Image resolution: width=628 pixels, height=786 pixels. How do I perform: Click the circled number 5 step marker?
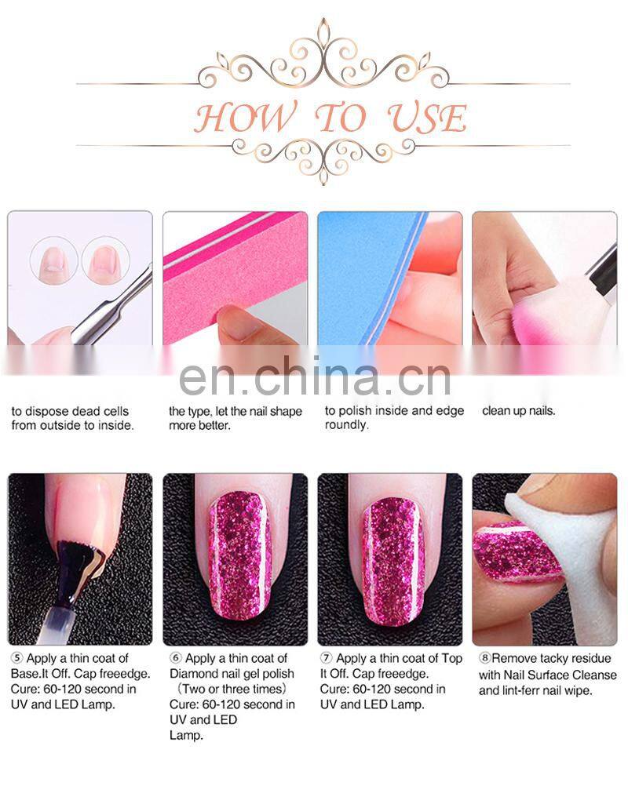[x=16, y=659]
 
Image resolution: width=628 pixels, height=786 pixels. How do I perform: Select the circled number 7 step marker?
[x=326, y=659]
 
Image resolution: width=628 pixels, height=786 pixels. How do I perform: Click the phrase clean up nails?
[x=518, y=411]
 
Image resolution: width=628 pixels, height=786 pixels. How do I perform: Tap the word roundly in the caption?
[x=346, y=425]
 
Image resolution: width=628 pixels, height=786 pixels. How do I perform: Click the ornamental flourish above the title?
[x=323, y=55]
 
